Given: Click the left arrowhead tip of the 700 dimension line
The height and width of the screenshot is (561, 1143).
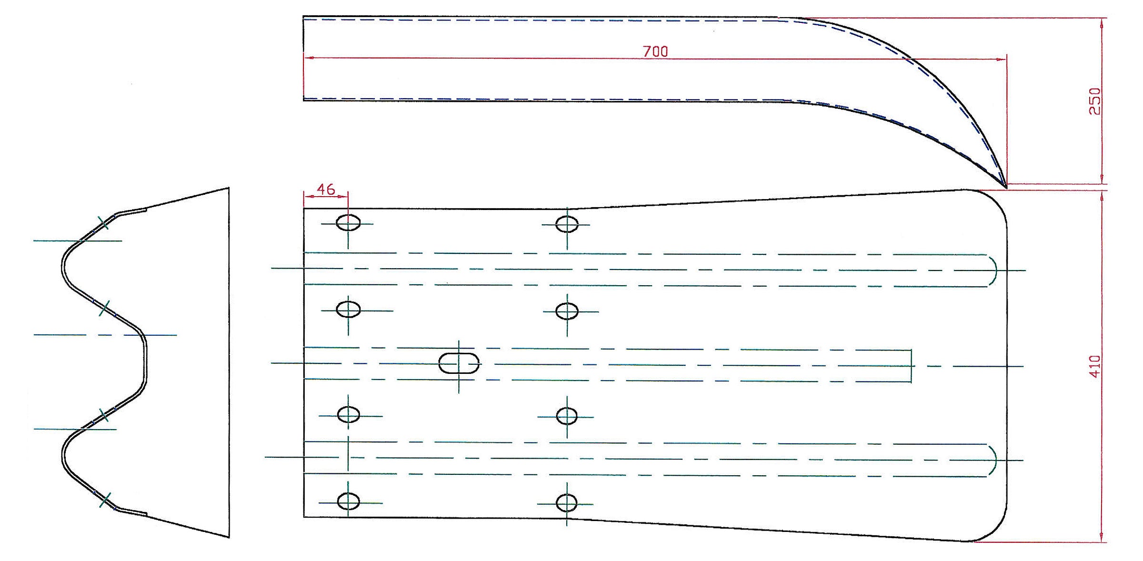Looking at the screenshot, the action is pos(304,58).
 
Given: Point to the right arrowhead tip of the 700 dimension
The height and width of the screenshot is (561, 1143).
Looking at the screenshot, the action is pos(1006,60).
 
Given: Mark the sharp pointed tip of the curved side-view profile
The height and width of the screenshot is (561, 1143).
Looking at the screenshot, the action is pos(1006,188).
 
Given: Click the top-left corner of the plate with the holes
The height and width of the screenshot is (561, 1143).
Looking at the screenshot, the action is pos(304,209).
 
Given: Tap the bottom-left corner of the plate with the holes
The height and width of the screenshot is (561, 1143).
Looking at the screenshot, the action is pos(304,517).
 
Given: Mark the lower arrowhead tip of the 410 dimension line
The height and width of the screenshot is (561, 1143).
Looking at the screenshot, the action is pos(1102,541).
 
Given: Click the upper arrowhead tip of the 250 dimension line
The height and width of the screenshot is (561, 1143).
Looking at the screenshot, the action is pos(1102,18).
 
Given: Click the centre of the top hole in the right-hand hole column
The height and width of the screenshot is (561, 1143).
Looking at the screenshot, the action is pos(567,224).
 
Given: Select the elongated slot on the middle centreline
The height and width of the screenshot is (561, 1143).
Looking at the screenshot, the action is pos(459,363).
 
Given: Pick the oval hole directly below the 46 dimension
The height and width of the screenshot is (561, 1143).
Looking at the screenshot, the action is pos(348,222).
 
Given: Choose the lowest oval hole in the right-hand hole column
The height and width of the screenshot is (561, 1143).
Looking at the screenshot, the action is pos(566,503).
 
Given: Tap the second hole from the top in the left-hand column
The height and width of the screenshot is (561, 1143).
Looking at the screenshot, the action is pos(348,310).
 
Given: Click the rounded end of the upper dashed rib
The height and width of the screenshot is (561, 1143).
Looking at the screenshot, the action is pos(993,270).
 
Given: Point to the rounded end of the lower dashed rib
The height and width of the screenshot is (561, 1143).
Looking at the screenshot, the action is pos(993,460).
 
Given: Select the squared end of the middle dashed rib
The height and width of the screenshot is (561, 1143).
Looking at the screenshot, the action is pos(911,366).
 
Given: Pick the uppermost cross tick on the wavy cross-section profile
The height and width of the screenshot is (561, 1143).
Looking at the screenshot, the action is pos(104,222).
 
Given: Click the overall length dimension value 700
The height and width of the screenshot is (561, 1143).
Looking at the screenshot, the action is pos(655,51).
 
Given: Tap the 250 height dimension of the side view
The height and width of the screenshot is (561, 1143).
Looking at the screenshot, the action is pos(1095,101).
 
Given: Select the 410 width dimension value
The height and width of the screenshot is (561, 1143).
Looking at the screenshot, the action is pos(1095,366).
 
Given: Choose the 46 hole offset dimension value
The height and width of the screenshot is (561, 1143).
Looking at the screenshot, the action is pos(326,189).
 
